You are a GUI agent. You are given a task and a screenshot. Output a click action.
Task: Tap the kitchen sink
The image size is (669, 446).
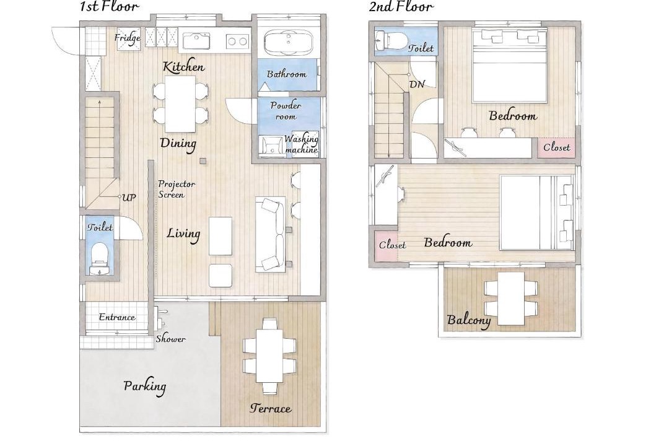[197, 41]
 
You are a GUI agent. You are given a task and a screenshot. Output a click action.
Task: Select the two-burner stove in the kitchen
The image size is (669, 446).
[237, 41]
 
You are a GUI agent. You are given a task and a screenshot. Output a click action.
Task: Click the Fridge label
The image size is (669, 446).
[128, 38]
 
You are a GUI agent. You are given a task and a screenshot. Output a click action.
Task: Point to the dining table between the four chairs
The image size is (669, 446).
[180, 104]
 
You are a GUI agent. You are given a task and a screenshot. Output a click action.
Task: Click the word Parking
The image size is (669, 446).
[145, 387]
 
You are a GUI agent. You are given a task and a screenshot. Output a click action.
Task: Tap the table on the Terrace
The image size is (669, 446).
[269, 355]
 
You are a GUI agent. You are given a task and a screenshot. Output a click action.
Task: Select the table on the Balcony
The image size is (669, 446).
[511, 299]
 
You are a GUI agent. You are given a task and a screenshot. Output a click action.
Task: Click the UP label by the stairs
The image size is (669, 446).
[129, 198]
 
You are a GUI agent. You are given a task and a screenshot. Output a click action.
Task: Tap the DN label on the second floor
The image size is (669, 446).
[418, 84]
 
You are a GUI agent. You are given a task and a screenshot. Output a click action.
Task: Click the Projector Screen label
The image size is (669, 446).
[177, 189]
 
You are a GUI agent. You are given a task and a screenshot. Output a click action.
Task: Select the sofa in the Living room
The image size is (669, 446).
[270, 234]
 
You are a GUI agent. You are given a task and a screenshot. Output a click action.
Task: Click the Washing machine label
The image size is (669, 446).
[301, 144]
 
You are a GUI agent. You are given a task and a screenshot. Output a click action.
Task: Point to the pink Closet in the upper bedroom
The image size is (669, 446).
[556, 147]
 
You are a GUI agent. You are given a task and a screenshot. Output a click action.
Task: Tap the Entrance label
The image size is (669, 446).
[117, 317]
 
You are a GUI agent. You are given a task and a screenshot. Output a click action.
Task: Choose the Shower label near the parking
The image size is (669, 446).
[171, 339]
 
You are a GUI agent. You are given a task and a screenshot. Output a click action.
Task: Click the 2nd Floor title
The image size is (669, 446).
[401, 6]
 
